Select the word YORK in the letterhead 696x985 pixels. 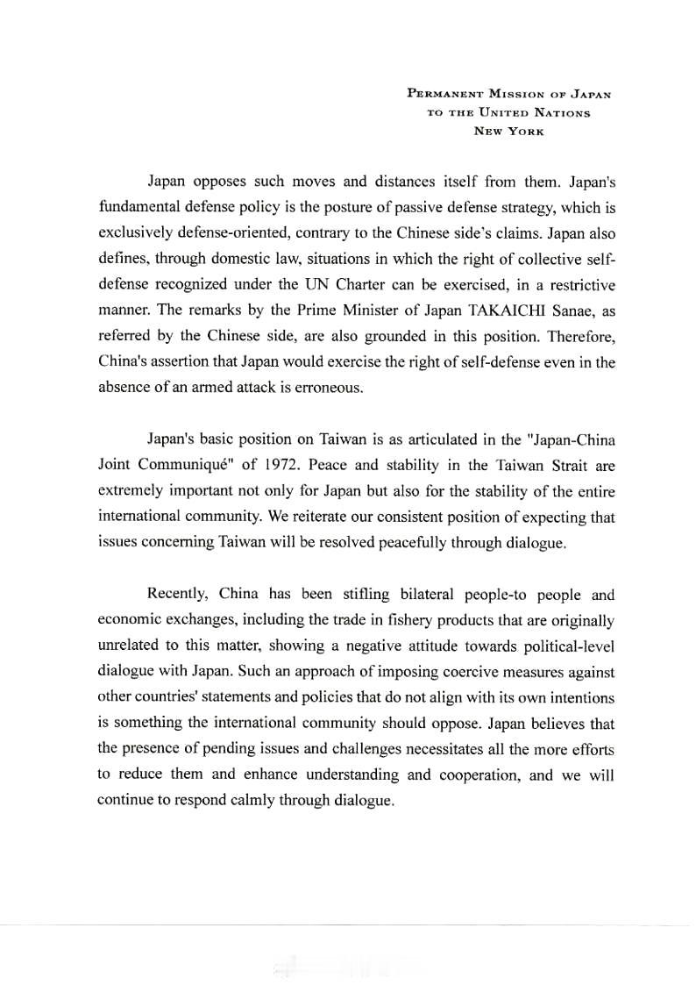click(x=524, y=131)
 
